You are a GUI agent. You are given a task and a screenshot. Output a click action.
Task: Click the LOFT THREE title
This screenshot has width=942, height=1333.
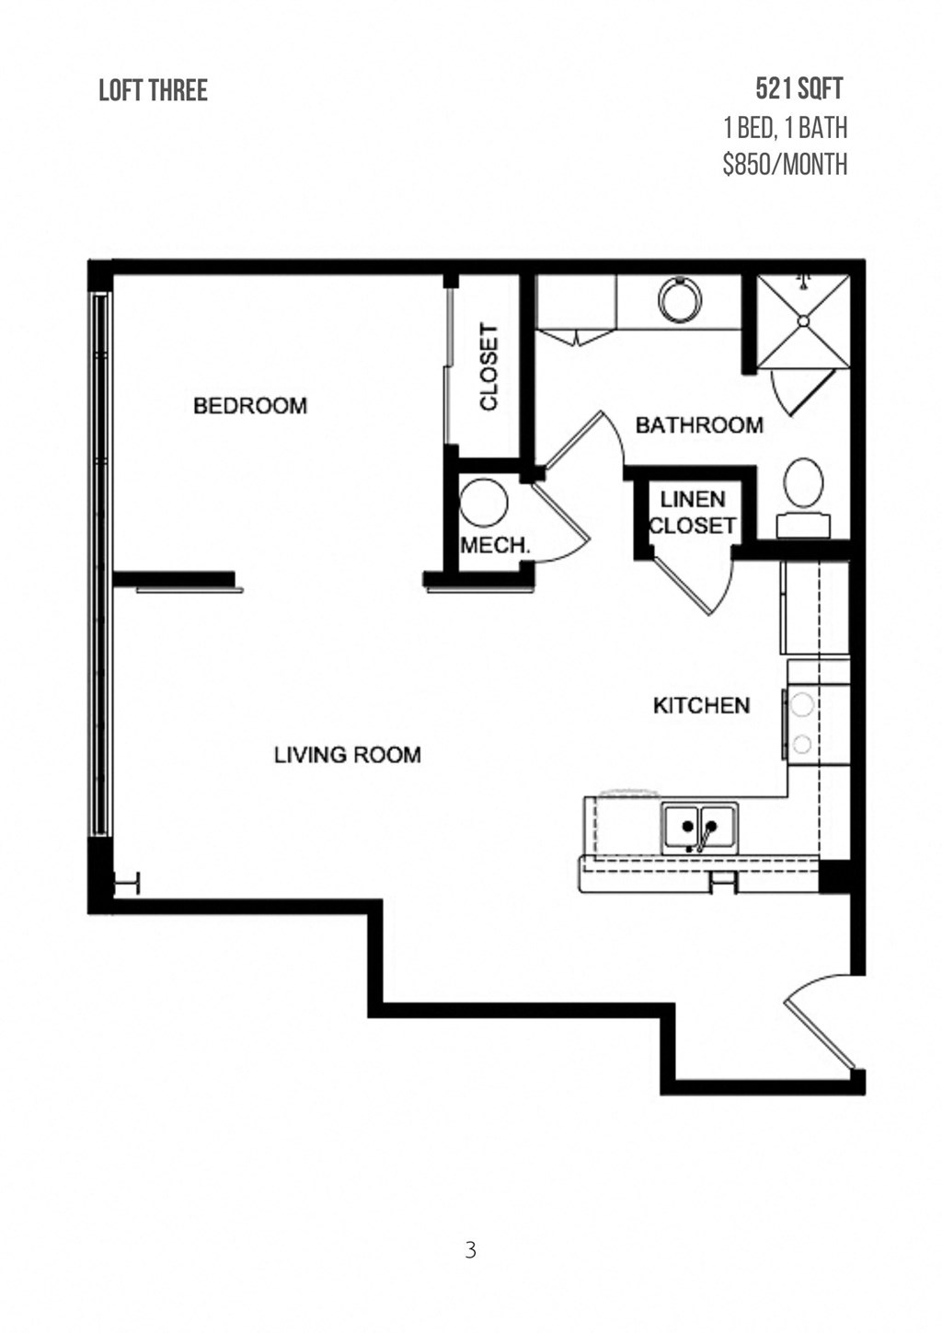click(x=153, y=90)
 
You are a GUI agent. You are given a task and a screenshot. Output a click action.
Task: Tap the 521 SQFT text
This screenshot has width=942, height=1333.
click(x=798, y=88)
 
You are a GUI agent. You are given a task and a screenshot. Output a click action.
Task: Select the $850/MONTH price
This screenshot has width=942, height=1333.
click(x=785, y=165)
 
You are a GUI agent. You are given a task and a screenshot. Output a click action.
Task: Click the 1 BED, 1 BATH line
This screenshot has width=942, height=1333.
click(x=785, y=127)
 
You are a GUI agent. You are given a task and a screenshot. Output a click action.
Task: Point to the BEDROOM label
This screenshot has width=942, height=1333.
click(x=249, y=406)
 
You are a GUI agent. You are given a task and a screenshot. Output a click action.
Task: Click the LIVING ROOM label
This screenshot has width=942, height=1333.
click(x=347, y=755)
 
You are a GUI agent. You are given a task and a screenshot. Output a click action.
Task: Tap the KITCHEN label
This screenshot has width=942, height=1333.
click(x=701, y=706)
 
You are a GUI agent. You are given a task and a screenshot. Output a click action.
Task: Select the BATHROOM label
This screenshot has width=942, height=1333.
click(x=699, y=425)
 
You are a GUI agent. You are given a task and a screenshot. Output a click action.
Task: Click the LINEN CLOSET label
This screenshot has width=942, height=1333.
click(x=693, y=513)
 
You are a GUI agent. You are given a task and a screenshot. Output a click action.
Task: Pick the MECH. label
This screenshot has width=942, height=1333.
click(x=495, y=545)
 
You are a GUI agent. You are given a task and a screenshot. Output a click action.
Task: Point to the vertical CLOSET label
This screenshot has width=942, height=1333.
click(x=488, y=366)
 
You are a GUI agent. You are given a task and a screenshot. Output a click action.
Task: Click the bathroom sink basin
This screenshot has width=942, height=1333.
click(x=680, y=300)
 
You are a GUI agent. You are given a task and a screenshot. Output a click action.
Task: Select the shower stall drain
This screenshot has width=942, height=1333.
click(x=803, y=321)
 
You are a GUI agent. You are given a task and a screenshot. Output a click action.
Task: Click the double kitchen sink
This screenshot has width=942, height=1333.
click(x=699, y=828)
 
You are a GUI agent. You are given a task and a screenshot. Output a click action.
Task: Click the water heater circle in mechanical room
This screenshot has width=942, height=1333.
click(x=484, y=502)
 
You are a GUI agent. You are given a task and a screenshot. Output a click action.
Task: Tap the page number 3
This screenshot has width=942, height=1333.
click(x=471, y=1250)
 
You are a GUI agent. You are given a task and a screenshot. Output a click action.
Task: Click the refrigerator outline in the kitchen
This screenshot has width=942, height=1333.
click(x=815, y=608)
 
